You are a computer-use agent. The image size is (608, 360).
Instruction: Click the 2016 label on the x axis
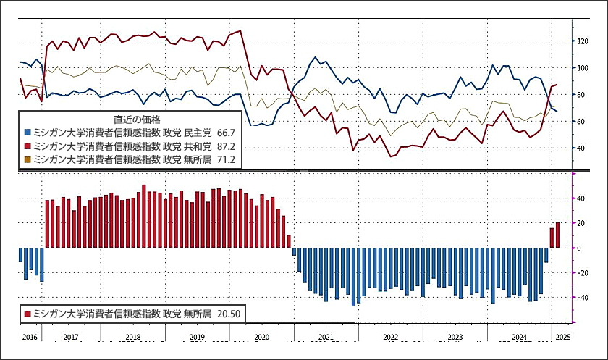[x=30, y=338]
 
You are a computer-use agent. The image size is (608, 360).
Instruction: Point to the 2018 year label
[x=132, y=338]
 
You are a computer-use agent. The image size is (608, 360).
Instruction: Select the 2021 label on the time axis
[x=326, y=338]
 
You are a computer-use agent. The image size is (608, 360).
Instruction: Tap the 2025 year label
[x=562, y=338]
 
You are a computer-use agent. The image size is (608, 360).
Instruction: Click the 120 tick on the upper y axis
[x=582, y=41]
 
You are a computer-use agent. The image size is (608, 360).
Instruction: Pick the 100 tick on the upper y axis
[x=582, y=68]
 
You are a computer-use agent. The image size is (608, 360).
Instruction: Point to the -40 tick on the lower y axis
[x=580, y=298]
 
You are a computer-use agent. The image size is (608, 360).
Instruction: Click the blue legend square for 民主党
[x=28, y=133]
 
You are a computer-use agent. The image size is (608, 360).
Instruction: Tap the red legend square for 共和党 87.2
[x=28, y=146]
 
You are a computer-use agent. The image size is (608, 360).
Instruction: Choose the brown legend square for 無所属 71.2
[x=28, y=159]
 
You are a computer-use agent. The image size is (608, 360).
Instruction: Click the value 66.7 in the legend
[x=226, y=133]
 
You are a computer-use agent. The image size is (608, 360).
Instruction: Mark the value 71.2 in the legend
[x=226, y=159]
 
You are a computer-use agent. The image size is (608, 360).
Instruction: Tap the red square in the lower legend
[x=28, y=314]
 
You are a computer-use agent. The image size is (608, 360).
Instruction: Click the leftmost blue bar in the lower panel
[x=20, y=255]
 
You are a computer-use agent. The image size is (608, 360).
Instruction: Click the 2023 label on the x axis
[x=455, y=338]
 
